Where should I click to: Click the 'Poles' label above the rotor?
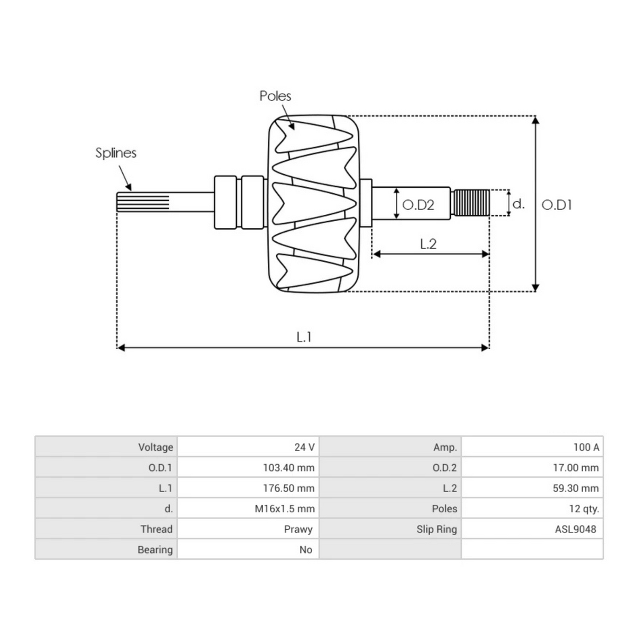[275, 96]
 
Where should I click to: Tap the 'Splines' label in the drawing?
[116, 153]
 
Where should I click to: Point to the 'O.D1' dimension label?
[557, 205]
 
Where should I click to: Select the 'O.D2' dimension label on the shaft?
[418, 205]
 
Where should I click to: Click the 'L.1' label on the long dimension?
[304, 337]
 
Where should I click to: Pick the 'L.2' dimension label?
[428, 244]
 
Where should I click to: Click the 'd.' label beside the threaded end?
[519, 204]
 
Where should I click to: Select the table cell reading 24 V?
[304, 447]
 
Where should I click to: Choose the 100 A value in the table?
[586, 447]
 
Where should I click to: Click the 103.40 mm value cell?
[288, 468]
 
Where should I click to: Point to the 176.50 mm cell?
[288, 488]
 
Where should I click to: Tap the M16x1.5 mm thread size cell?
[285, 509]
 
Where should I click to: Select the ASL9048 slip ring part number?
[575, 529]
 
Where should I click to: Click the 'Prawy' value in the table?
[298, 529]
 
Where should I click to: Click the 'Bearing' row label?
[155, 550]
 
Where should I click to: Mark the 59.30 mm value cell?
[576, 488]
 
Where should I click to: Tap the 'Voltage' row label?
[156, 447]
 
